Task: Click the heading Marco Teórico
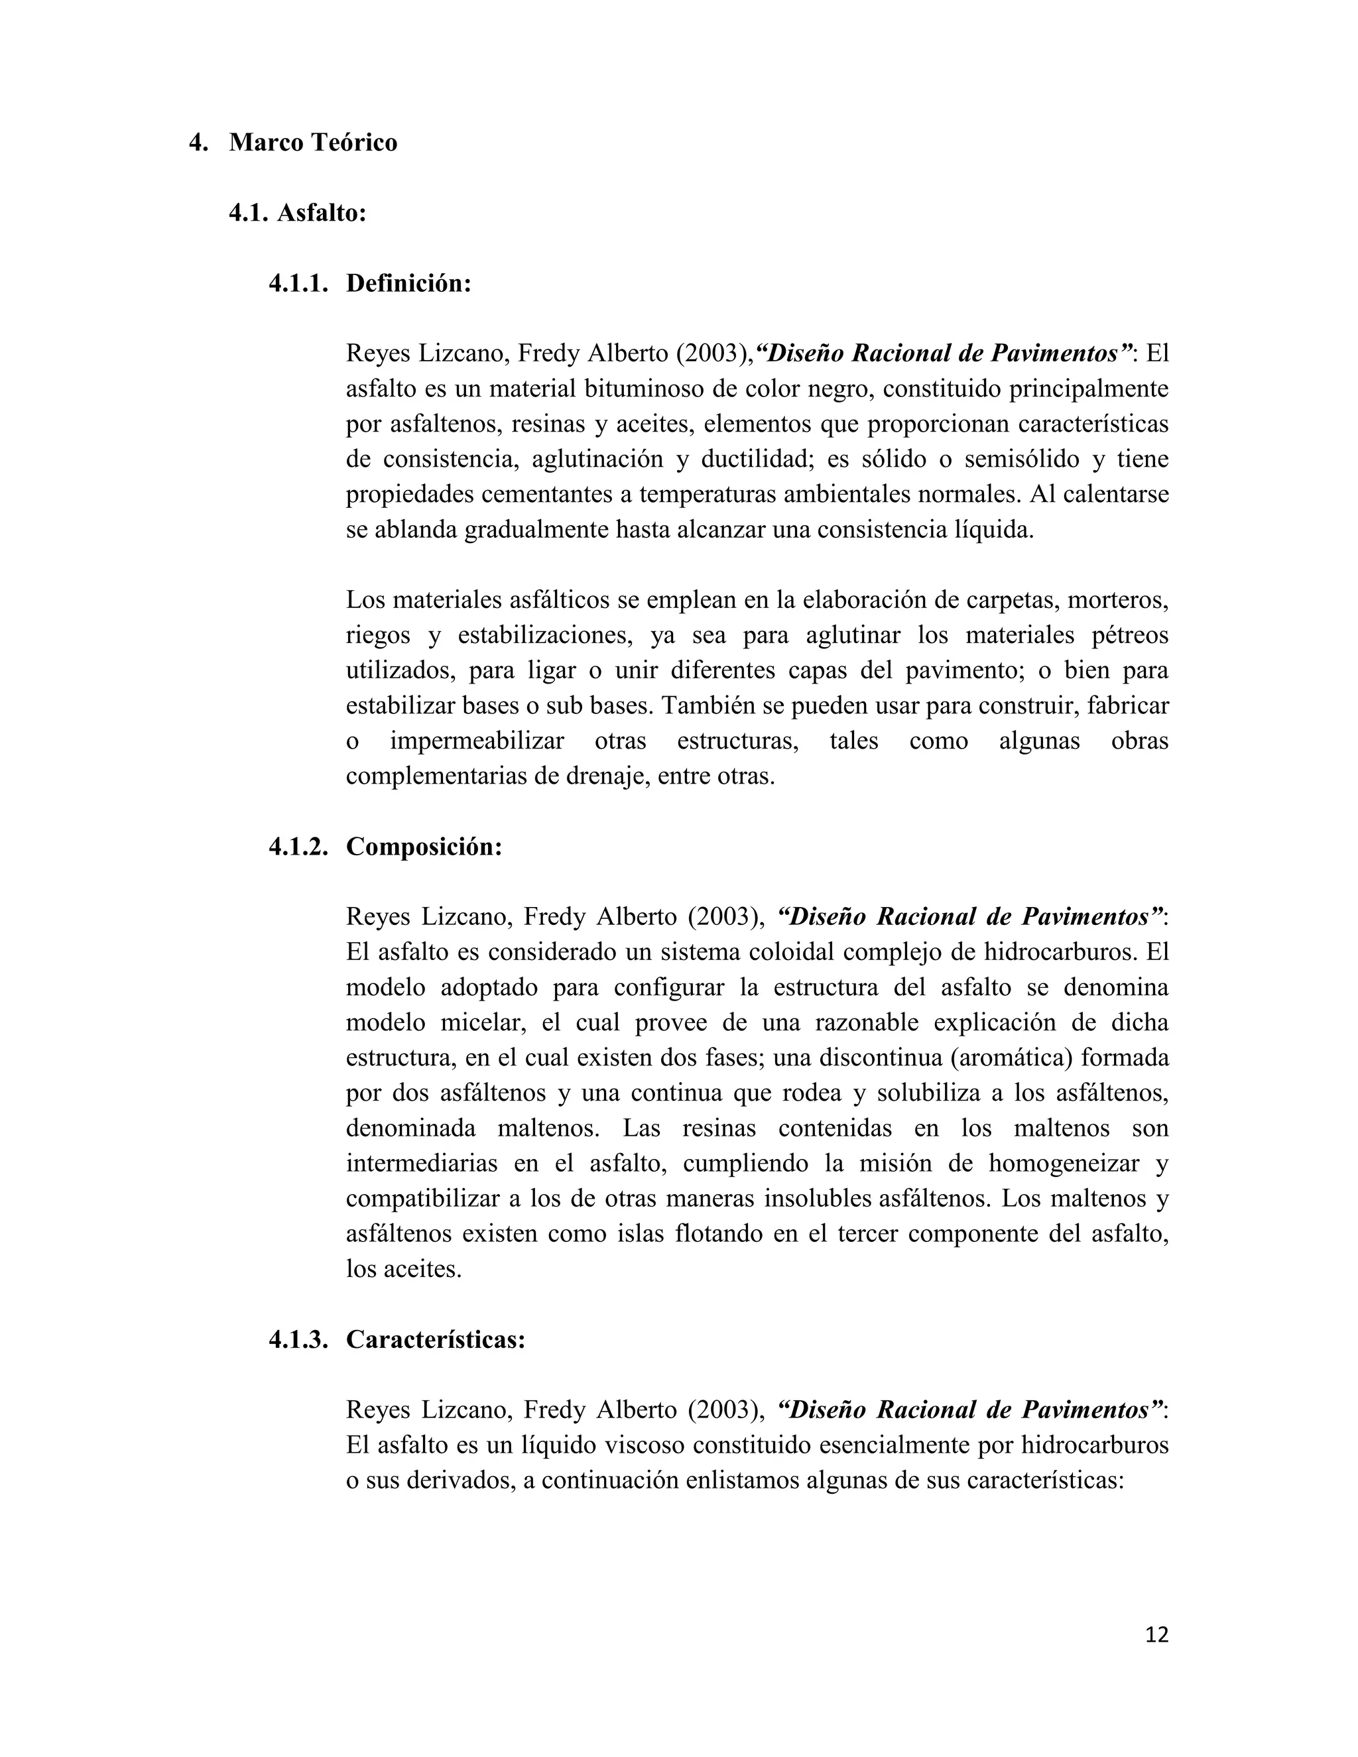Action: (313, 143)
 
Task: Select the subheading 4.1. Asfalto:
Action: (298, 213)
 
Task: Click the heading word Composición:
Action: (424, 847)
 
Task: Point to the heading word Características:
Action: (435, 1340)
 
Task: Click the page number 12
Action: (1156, 1635)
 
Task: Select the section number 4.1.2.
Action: (298, 847)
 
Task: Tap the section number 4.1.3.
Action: (298, 1340)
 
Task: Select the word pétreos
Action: (1129, 636)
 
